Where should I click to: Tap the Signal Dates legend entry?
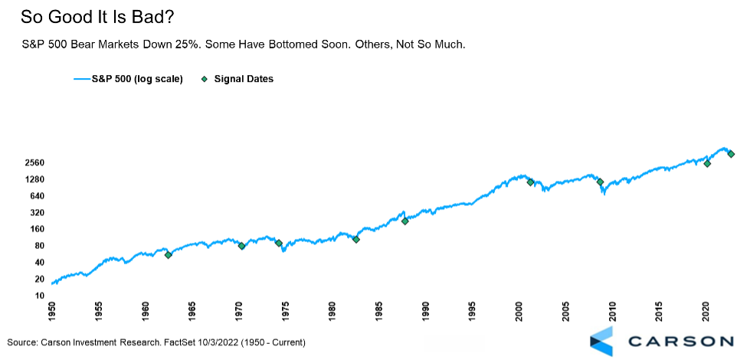coord(244,78)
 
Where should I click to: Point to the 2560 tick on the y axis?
coord(34,163)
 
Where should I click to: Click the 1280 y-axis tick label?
coord(34,180)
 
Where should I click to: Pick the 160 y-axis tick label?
coord(37,229)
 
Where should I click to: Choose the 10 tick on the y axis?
coord(39,295)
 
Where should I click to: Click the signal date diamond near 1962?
coord(169,254)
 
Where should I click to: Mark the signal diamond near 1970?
coord(241,246)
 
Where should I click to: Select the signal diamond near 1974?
coord(279,244)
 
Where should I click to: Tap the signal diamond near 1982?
coord(355,240)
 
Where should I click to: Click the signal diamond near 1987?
coord(404,221)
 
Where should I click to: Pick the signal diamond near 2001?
coord(530,182)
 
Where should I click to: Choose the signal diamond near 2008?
coord(600,182)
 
